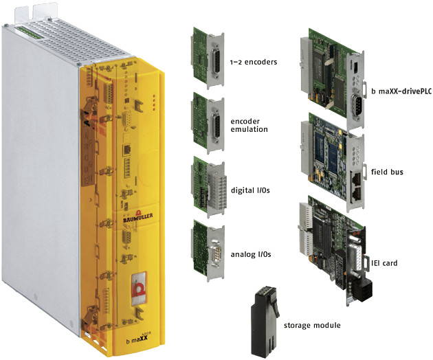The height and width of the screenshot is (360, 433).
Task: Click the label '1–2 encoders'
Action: [254, 62]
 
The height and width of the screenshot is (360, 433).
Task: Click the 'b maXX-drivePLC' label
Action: [401, 89]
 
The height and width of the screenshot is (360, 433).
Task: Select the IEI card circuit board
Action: [333, 247]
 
